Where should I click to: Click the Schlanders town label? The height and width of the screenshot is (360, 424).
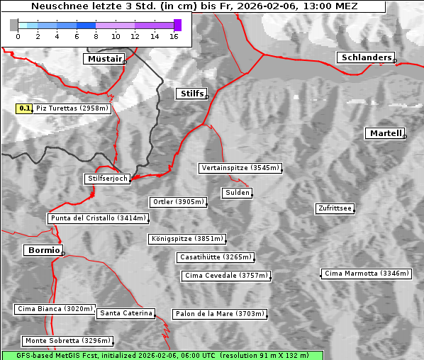tap(365, 58)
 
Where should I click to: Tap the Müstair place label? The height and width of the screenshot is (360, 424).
tap(104, 59)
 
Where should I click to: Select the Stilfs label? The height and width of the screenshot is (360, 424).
tap(191, 94)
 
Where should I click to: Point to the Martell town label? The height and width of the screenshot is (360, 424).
tap(385, 133)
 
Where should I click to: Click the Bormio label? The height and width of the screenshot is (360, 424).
tap(43, 250)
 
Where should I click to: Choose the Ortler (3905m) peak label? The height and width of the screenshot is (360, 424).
tap(178, 202)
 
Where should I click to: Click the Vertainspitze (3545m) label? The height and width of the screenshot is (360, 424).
tap(240, 168)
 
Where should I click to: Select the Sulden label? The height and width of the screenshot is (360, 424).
tap(237, 193)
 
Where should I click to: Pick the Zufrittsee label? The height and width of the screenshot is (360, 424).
tap(335, 208)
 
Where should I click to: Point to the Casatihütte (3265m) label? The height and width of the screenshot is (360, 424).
tap(216, 257)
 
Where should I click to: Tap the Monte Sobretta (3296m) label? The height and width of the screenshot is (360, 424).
tap(68, 341)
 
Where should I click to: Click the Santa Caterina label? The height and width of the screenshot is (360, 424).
tap(126, 313)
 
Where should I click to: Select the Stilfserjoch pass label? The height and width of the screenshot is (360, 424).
tap(107, 179)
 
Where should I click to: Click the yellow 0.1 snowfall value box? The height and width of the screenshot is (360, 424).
tap(25, 108)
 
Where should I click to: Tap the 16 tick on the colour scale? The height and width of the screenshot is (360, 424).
tap(173, 35)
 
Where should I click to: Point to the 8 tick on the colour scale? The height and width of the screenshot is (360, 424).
tap(96, 35)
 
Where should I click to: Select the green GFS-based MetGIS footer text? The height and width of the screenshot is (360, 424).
tap(162, 355)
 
